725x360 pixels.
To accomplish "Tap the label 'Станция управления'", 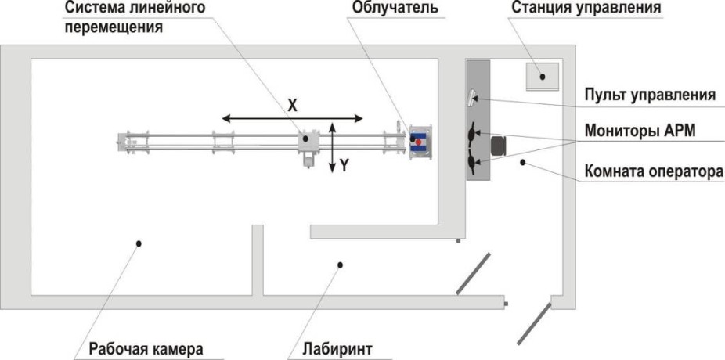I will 586,9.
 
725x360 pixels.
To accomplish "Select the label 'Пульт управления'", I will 650,95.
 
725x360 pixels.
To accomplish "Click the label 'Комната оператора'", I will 650,171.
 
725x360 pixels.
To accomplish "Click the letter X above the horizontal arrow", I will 292,104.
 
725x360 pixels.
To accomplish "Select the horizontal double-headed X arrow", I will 292,118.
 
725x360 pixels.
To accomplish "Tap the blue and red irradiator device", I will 420,142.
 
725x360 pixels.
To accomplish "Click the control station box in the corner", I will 542,76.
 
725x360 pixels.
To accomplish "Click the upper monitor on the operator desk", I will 472,133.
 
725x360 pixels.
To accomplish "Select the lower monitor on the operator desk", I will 472,161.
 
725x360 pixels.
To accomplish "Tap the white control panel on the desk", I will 473,97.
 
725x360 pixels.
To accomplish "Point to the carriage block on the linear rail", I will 309,142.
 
